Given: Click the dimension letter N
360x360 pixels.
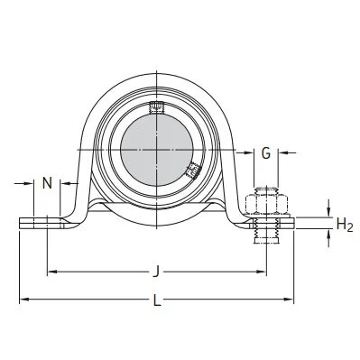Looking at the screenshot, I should pos(47,182).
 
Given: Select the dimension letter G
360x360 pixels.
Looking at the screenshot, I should pos(266,154).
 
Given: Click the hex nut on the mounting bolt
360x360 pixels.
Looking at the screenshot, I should pos(265,200).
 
